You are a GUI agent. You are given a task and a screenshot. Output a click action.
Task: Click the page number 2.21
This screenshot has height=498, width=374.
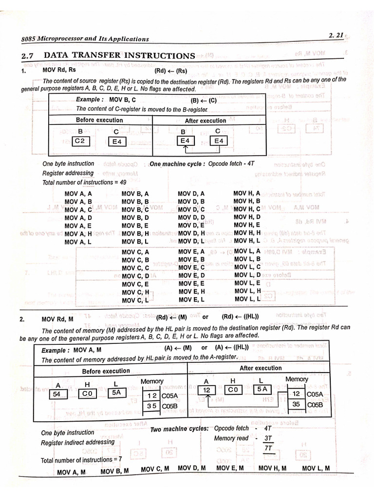(x=336, y=35)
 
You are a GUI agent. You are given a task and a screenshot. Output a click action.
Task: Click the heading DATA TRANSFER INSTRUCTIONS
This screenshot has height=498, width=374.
(x=119, y=55)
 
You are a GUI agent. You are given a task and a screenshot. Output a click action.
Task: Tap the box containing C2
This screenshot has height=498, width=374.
(x=80, y=141)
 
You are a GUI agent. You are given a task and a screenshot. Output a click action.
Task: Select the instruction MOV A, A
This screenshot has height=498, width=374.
(x=78, y=194)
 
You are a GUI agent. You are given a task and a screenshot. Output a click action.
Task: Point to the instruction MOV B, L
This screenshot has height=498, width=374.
(x=135, y=242)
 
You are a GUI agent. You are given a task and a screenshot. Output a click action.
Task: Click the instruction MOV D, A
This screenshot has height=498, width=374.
(x=191, y=194)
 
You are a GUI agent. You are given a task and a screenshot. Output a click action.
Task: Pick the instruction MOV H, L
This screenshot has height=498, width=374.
(x=247, y=241)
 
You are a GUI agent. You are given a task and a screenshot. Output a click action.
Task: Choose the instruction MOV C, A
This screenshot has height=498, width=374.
(x=135, y=252)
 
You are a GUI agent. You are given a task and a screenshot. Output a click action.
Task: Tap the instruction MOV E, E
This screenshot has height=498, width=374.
(x=191, y=284)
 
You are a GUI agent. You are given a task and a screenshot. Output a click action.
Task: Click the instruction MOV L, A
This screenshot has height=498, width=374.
(x=248, y=251)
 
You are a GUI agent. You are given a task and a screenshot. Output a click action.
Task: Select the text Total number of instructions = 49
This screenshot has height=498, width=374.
(x=78, y=182)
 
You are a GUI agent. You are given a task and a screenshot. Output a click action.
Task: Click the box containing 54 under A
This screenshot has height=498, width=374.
(x=57, y=394)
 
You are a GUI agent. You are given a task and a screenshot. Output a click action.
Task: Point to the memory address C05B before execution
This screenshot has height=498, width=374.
(x=170, y=406)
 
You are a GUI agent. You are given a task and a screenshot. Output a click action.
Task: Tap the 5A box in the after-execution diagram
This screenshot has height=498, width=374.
(x=262, y=390)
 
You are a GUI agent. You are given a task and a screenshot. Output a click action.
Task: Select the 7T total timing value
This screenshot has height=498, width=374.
(x=268, y=448)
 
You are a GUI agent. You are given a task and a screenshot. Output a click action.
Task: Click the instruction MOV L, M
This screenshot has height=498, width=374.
(x=316, y=468)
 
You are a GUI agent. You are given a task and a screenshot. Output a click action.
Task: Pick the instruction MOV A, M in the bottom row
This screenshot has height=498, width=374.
(x=71, y=472)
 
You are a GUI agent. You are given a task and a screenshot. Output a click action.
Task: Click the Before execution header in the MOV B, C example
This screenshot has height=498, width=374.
(x=99, y=120)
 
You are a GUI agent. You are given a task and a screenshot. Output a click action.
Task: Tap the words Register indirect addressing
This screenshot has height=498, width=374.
(x=78, y=443)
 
